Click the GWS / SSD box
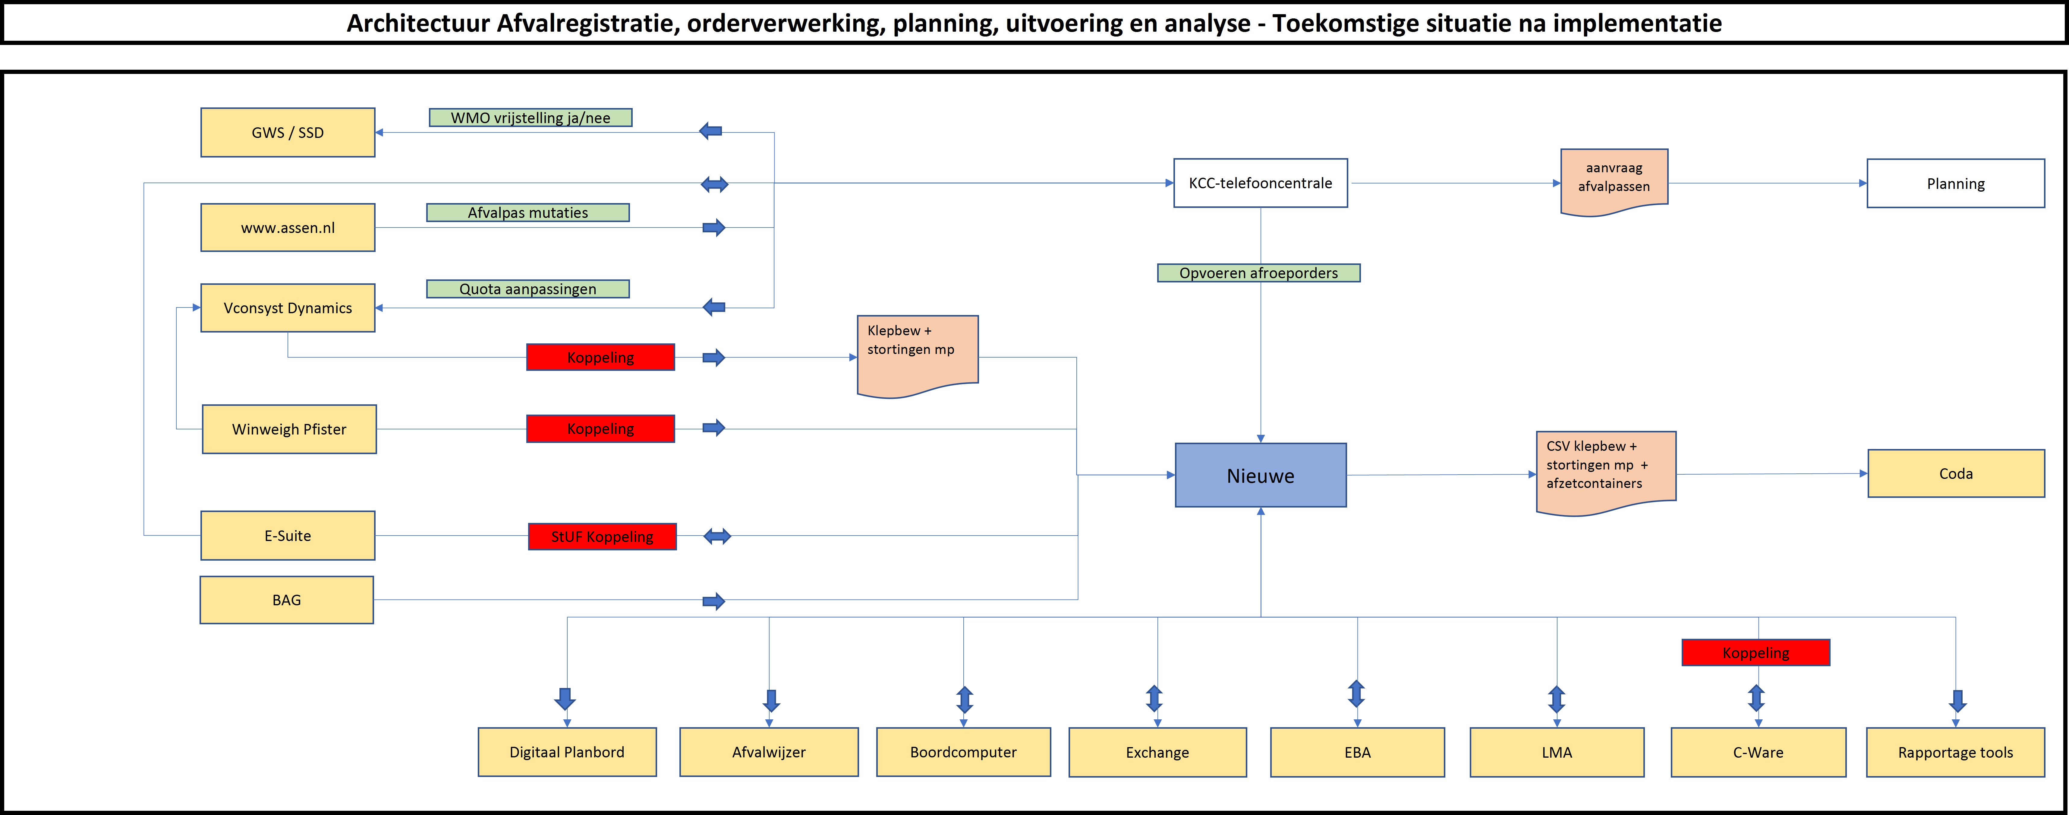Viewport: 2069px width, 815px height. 288,133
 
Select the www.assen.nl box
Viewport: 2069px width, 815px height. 288,228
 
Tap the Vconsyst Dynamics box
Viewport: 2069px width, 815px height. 288,308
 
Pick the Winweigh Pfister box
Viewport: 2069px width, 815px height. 289,429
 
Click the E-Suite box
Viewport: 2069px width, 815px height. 288,535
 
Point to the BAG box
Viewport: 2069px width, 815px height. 287,600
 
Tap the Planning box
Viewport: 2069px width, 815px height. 1956,183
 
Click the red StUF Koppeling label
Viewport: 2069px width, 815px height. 602,536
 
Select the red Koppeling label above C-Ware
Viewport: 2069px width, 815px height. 1756,653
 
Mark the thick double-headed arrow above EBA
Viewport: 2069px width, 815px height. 1357,694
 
